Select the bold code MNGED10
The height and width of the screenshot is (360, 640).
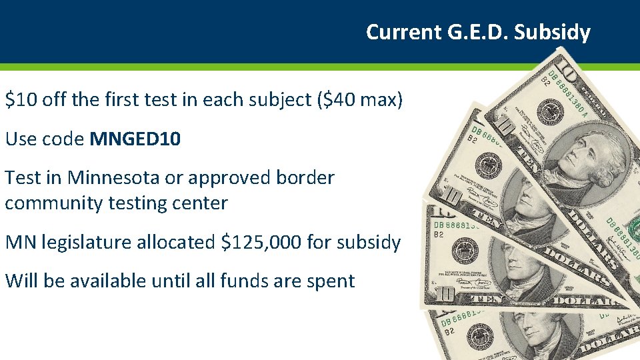pyautogui.click(x=135, y=139)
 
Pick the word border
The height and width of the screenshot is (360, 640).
pyautogui.click(x=305, y=178)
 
